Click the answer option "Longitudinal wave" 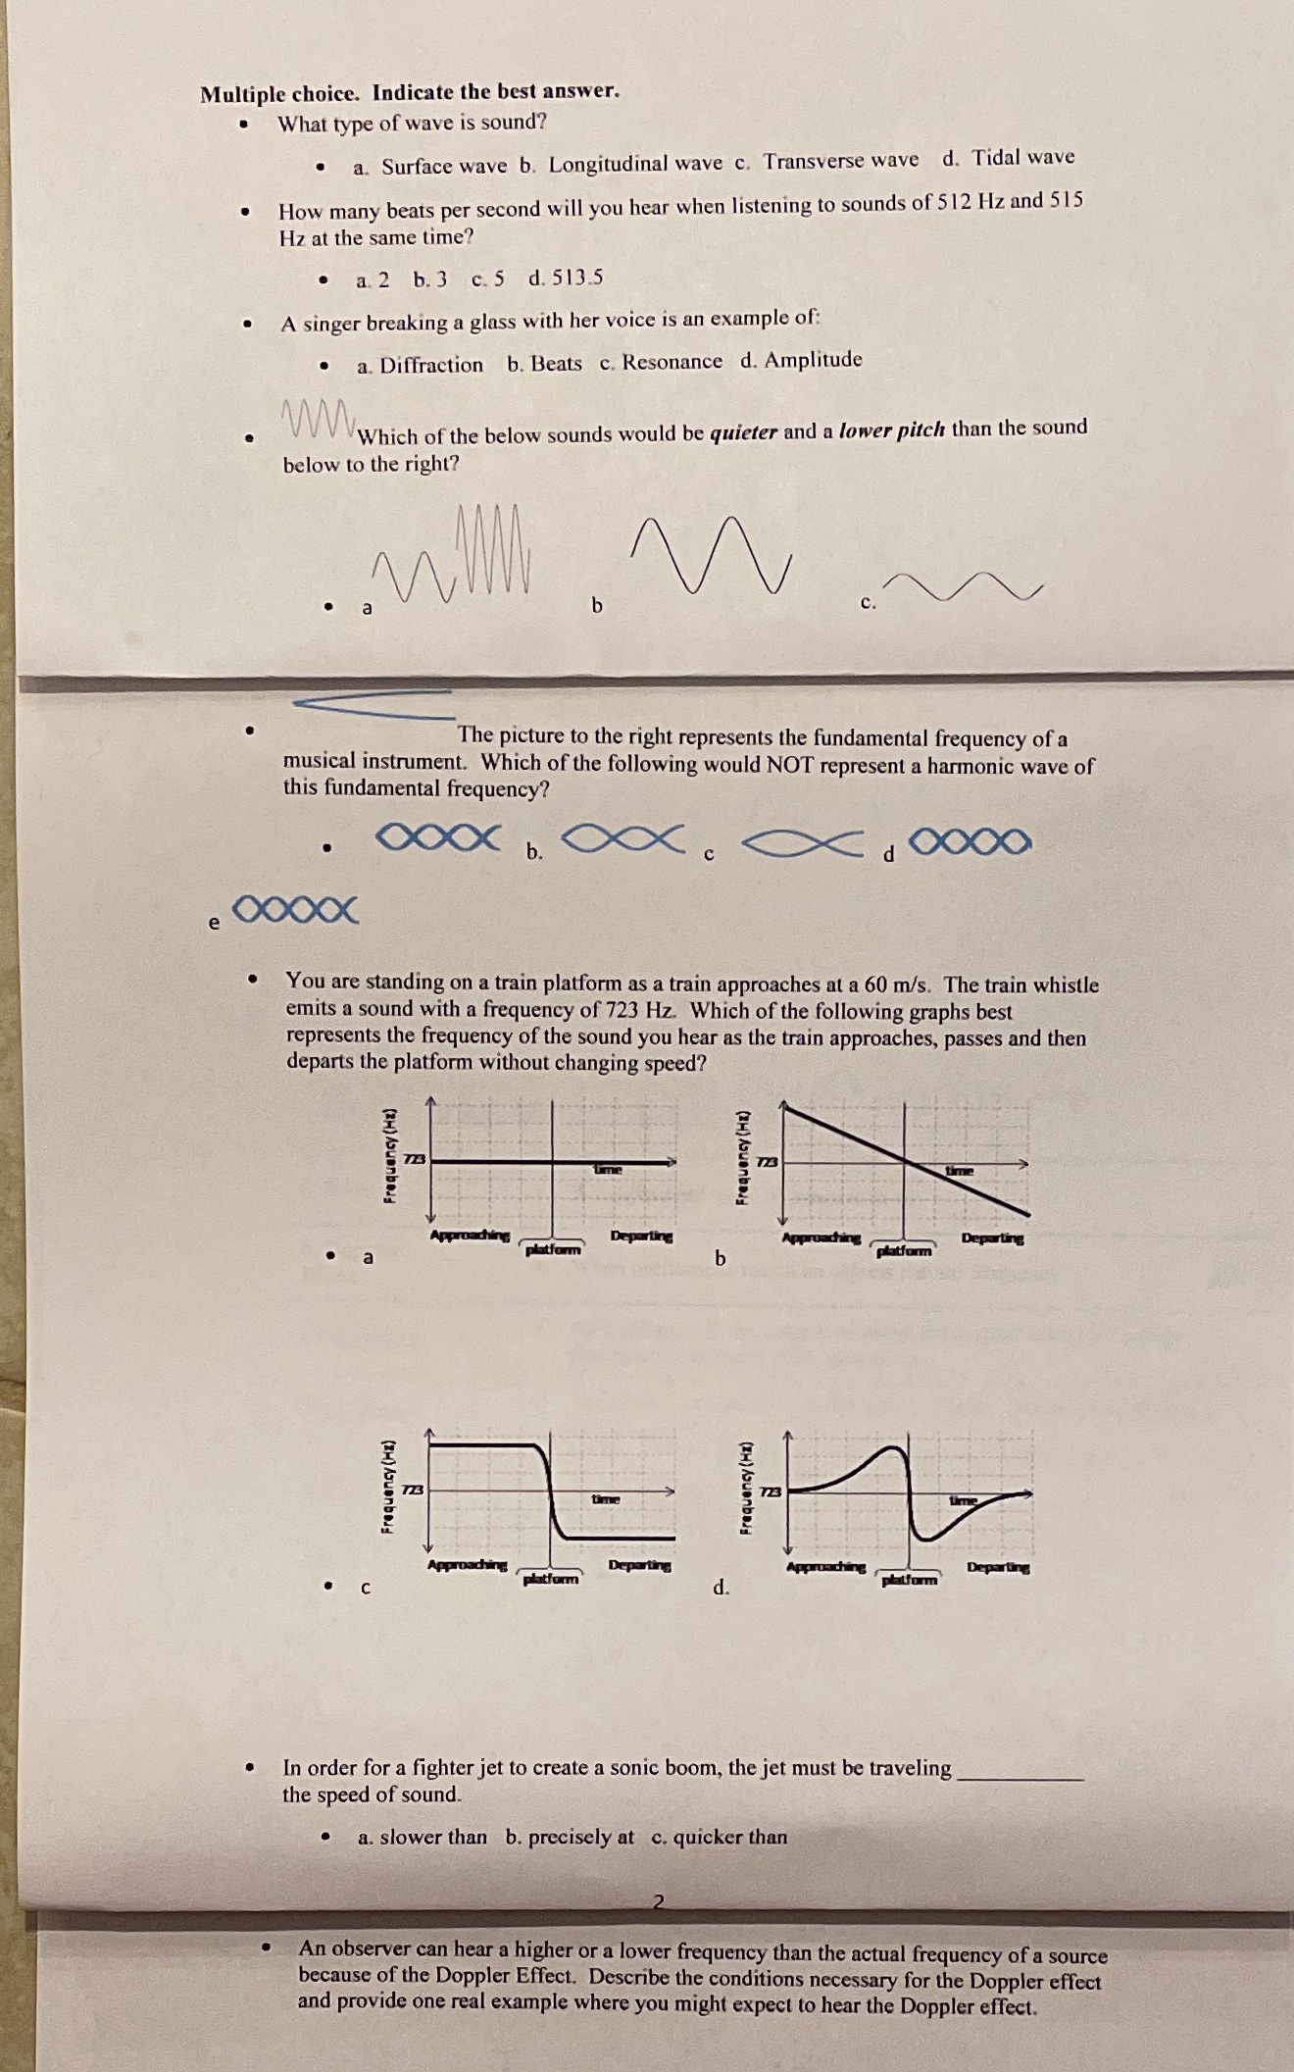pyautogui.click(x=634, y=164)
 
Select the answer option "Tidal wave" pyautogui.click(x=1022, y=157)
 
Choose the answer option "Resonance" pyautogui.click(x=672, y=361)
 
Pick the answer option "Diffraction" pyautogui.click(x=431, y=365)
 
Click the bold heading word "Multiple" pyautogui.click(x=242, y=94)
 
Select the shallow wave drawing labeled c pyautogui.click(x=966, y=586)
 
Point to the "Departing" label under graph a pyautogui.click(x=641, y=1237)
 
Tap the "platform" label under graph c pyautogui.click(x=550, y=1579)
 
